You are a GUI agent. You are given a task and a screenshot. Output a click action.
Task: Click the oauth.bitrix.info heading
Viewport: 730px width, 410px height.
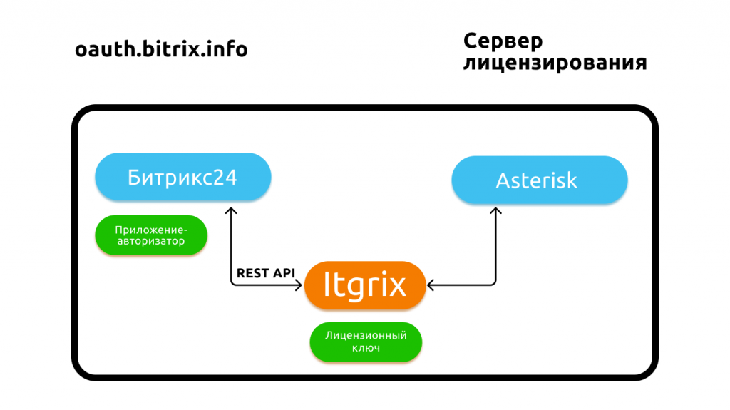pos(161,51)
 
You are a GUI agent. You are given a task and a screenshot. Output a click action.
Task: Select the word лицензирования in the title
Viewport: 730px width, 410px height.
pos(555,63)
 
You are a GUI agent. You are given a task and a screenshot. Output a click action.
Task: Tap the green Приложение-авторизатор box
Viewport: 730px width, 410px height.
pos(150,235)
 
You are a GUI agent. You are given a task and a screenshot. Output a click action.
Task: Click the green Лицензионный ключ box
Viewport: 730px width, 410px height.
pos(366,342)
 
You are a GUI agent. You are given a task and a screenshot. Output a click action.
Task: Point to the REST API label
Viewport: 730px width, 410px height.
pos(266,273)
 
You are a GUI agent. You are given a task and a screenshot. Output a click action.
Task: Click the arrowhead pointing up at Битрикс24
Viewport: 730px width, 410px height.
pos(230,211)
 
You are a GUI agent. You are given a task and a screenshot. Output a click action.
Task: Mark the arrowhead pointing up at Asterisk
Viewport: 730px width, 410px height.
pos(495,211)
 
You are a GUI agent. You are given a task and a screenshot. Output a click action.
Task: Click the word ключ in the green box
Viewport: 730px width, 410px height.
pos(366,348)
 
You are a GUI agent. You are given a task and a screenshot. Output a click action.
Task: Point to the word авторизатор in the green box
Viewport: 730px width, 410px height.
pos(150,242)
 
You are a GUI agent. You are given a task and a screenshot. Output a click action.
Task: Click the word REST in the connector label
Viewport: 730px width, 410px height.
pos(252,273)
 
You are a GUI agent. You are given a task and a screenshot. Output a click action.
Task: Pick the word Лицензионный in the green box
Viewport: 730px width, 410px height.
pos(366,334)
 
